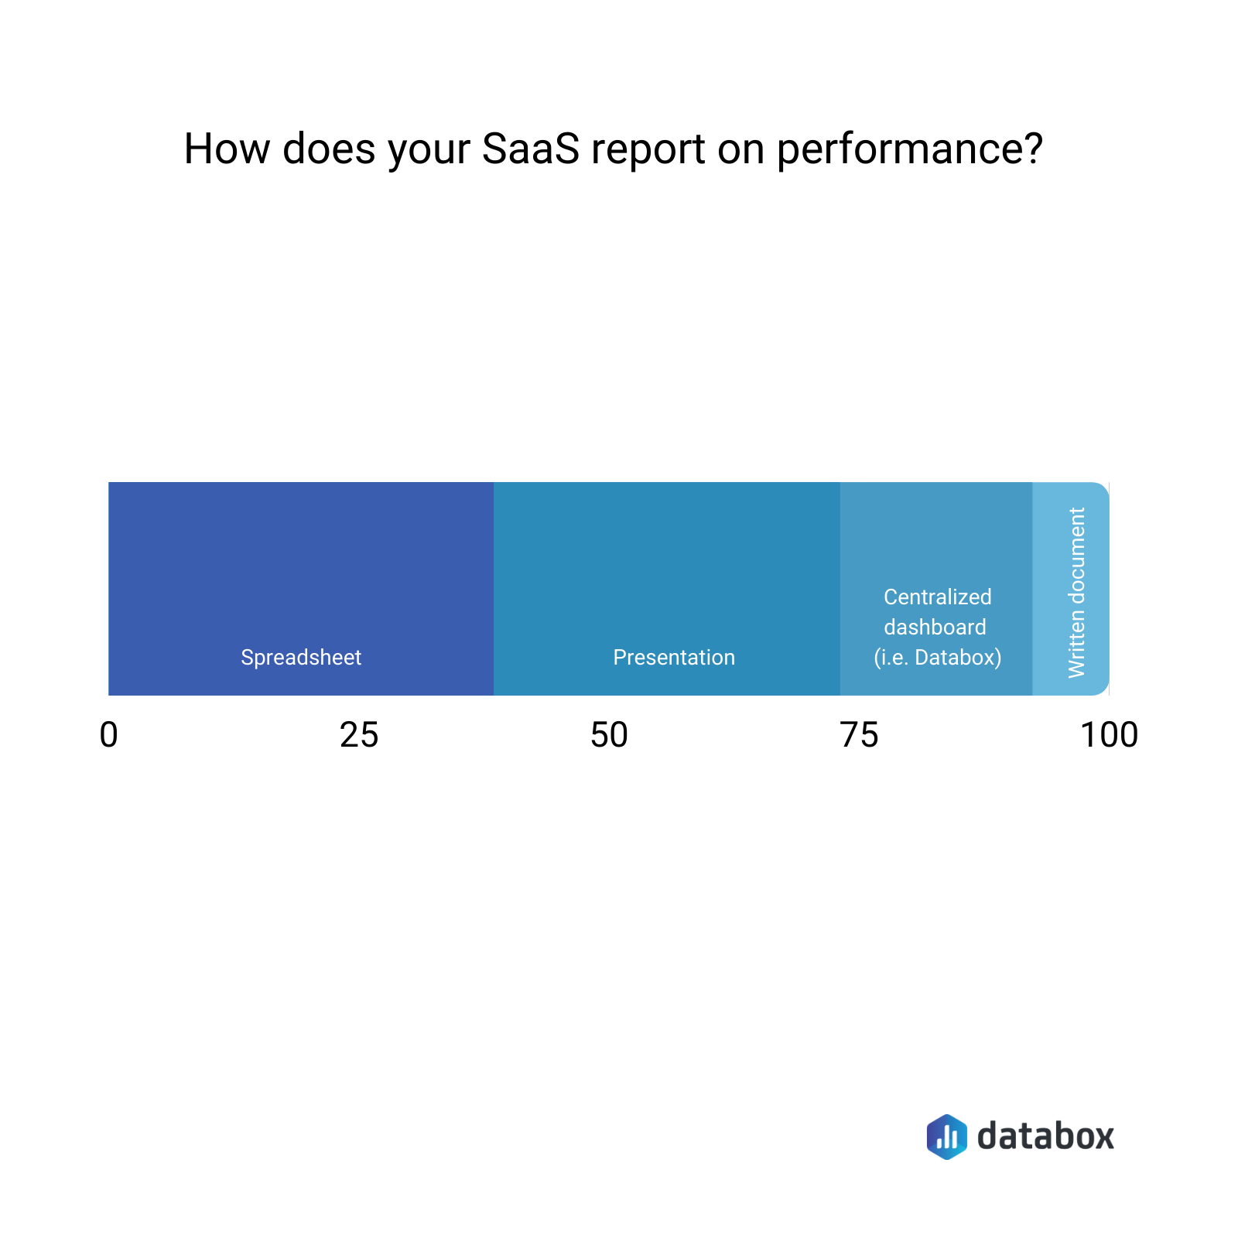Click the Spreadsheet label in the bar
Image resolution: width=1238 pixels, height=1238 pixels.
[301, 658]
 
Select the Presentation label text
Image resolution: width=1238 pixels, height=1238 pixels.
[674, 658]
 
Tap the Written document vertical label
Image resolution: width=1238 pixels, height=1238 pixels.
[1076, 593]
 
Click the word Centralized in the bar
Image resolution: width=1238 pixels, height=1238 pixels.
[937, 597]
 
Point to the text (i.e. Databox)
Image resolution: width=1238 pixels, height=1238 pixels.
[937, 658]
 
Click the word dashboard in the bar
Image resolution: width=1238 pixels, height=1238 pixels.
[935, 628]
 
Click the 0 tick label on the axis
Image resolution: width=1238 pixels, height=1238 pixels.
[109, 735]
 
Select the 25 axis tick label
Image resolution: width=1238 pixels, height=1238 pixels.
[359, 735]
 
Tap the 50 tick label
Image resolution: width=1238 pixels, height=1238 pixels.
[609, 735]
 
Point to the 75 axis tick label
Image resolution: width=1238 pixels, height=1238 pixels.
[859, 735]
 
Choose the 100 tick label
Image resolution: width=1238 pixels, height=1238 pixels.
[1109, 735]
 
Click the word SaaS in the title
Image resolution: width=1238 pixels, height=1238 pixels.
[530, 149]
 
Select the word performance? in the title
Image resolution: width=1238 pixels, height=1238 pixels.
[910, 150]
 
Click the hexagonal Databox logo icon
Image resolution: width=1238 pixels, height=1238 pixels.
[946, 1137]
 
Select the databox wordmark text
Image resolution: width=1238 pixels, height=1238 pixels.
[1045, 1136]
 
